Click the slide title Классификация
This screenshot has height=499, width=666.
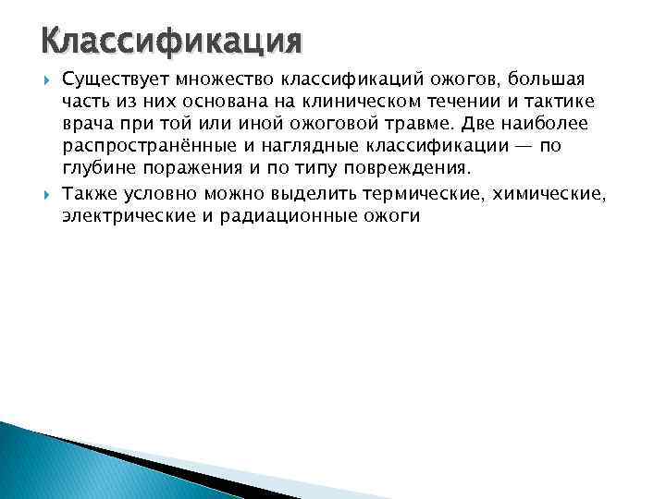pos(172,43)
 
